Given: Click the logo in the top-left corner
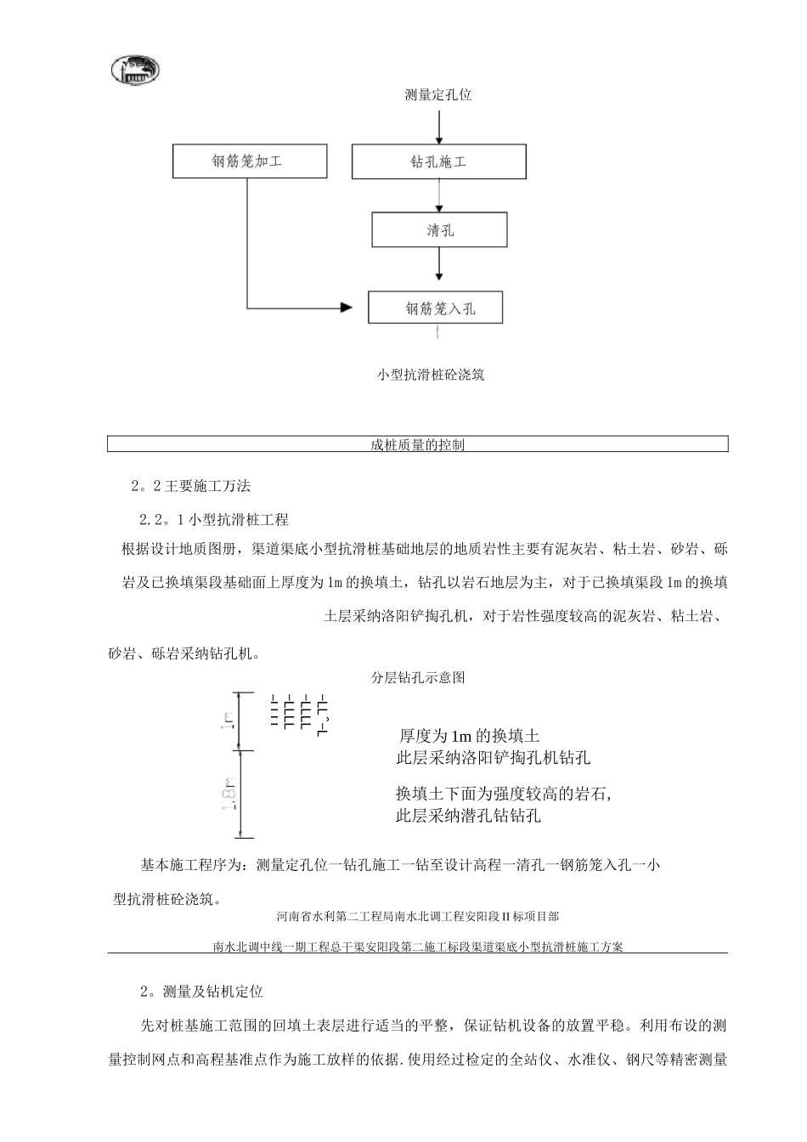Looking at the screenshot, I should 136,71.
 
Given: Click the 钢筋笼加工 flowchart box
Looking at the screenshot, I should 250,161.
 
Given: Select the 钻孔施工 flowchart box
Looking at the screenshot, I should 438,161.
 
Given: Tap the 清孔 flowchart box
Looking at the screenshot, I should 439,230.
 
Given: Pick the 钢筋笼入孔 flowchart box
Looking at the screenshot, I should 435,308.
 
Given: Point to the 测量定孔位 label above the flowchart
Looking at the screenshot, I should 438,95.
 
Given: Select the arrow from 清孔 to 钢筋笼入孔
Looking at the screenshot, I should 439,265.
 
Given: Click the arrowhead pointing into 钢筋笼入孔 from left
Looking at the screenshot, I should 345,307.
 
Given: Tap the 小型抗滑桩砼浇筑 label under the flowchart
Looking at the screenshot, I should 432,375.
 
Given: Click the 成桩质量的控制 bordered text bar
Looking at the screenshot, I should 417,444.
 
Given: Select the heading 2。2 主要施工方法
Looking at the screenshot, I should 191,487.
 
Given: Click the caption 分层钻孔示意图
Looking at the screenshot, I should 418,677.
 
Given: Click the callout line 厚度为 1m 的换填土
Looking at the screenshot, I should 469,736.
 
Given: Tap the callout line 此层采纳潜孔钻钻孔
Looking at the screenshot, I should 468,817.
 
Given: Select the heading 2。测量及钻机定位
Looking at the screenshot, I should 202,992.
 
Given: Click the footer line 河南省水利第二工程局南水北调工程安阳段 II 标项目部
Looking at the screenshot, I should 417,917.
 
